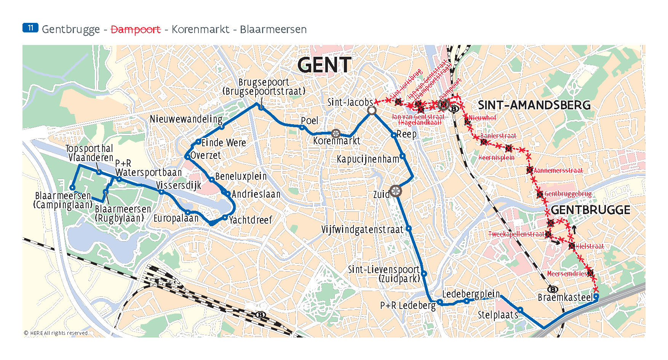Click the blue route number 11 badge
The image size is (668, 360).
[x=30, y=28]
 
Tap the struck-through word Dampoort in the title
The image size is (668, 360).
[x=136, y=29]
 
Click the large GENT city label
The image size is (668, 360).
[x=324, y=65]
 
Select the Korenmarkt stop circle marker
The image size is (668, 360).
[x=336, y=133]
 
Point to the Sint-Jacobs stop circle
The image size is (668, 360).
[x=372, y=110]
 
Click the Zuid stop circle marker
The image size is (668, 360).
[x=396, y=191]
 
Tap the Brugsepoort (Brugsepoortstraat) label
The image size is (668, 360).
[x=264, y=87]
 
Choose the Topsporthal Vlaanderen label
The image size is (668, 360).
[x=90, y=153]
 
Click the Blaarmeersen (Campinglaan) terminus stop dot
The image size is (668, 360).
[x=72, y=187]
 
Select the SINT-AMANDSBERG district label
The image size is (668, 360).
[x=534, y=105]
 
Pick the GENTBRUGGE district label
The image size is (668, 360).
[x=590, y=210]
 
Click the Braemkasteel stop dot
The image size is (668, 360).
[x=596, y=296]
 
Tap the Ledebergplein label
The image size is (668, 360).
[x=471, y=294]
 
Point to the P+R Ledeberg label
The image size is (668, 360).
[x=408, y=306]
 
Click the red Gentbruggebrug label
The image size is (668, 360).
[x=567, y=194]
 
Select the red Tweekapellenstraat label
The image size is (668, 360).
[x=516, y=234]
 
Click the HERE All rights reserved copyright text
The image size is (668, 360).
[x=56, y=333]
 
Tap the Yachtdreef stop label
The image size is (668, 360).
[x=250, y=220]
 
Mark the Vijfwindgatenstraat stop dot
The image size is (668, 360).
[x=408, y=229]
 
